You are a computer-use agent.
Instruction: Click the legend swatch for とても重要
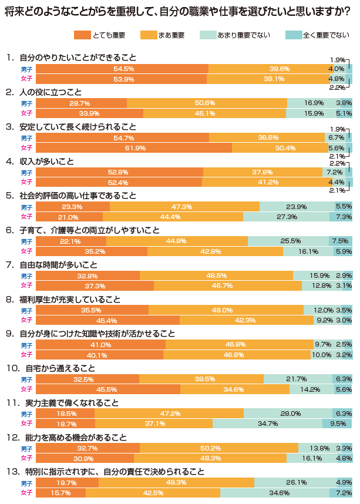point(82,35)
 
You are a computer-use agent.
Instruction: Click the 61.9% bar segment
point(134,148)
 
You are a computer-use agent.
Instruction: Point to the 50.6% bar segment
point(207,103)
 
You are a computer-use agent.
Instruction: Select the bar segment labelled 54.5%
point(122,69)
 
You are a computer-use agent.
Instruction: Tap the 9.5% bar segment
point(337,424)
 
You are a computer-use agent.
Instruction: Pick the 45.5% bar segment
point(108,389)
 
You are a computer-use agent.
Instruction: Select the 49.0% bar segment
point(226,310)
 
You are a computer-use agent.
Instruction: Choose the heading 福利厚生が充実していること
point(70,300)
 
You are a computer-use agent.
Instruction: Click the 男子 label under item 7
point(27,275)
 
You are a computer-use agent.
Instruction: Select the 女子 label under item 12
point(27,458)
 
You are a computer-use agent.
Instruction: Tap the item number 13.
point(12,472)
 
